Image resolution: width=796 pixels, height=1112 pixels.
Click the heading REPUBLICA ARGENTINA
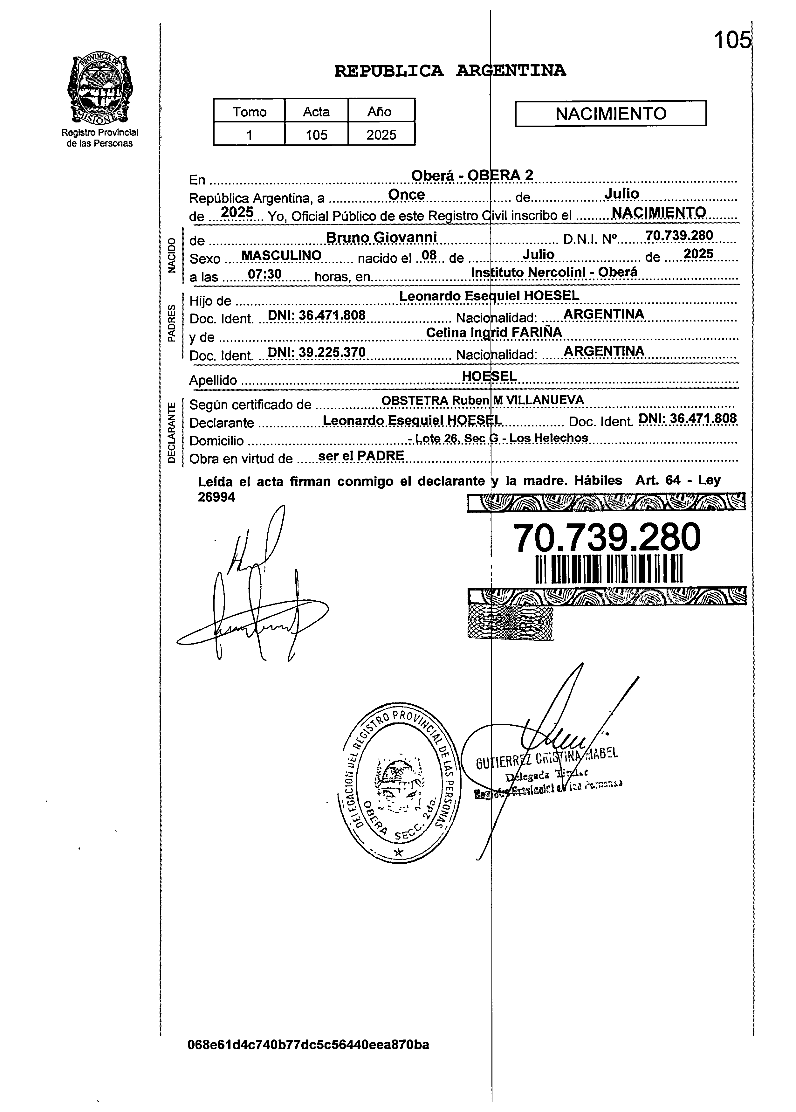pos(449,72)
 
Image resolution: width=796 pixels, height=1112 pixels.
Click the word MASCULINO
pos(281,255)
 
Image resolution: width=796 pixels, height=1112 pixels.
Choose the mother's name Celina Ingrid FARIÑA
pos(494,332)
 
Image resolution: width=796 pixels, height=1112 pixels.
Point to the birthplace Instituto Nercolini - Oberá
pos(554,272)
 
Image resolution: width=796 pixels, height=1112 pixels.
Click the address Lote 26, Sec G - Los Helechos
pos(498,438)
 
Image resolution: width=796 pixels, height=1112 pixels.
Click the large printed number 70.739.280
pos(607,538)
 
